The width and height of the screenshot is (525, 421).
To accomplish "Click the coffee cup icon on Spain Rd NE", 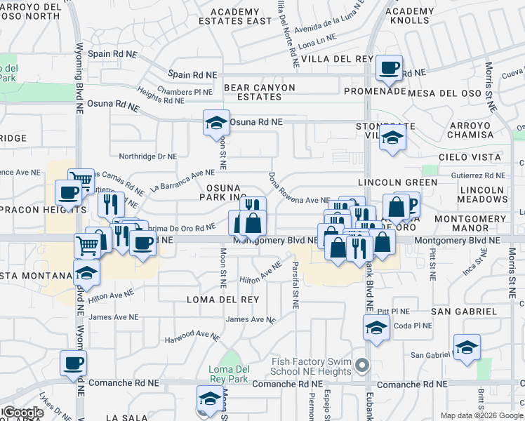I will (390, 68).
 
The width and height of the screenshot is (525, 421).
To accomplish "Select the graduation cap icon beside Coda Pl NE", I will (376, 328).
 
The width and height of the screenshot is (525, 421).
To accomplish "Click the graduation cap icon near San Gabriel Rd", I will (467, 347).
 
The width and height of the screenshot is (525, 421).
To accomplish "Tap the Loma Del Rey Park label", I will (230, 374).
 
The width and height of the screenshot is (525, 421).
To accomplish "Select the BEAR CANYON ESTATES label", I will (259, 92).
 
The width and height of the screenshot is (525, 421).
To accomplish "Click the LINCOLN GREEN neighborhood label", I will (398, 182).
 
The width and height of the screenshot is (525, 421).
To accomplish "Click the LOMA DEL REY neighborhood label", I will (222, 300).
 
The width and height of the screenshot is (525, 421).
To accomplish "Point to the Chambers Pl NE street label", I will (185, 91).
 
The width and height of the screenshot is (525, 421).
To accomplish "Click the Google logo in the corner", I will (23, 413).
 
